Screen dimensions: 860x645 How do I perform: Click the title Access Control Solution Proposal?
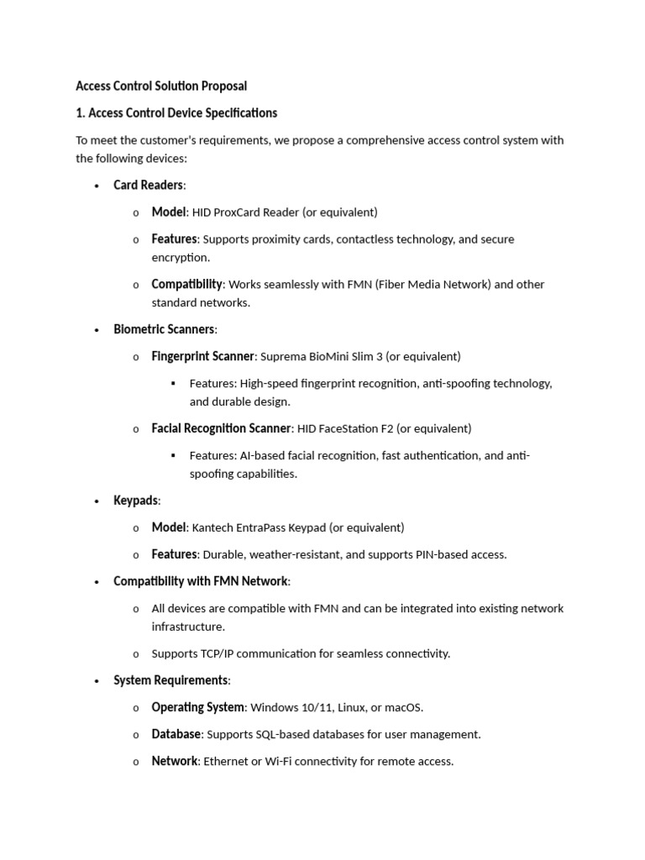pyautogui.click(x=161, y=86)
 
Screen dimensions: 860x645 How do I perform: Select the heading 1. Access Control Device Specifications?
pyautogui.click(x=176, y=113)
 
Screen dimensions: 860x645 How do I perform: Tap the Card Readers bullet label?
pyautogui.click(x=148, y=185)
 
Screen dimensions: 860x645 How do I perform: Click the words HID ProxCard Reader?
pyautogui.click(x=244, y=212)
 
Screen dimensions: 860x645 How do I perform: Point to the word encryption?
pyautogui.click(x=181, y=258)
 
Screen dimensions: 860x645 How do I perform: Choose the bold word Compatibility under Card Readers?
pyautogui.click(x=186, y=285)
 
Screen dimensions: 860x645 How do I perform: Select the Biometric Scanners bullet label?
pyautogui.click(x=164, y=329)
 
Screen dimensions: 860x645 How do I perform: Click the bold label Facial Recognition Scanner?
pyautogui.click(x=221, y=429)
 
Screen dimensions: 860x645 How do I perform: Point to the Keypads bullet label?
pyautogui.click(x=135, y=501)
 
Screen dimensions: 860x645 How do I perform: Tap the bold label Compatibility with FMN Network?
pyautogui.click(x=201, y=581)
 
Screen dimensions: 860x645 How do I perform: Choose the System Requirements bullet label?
pyautogui.click(x=170, y=680)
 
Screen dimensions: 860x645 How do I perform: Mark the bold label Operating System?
pyautogui.click(x=198, y=708)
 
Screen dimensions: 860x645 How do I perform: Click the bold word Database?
pyautogui.click(x=176, y=735)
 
